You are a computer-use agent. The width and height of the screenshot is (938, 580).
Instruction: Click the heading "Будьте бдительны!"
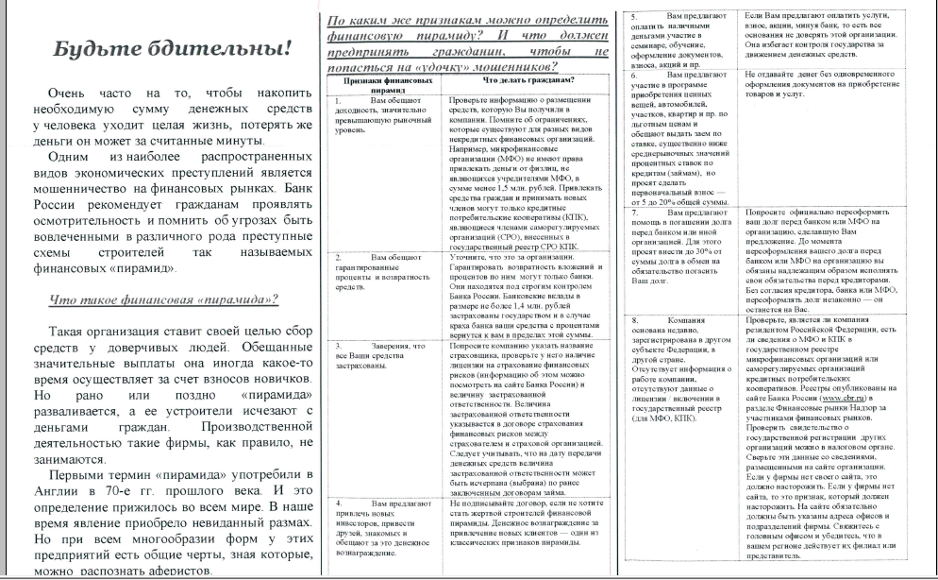[173, 51]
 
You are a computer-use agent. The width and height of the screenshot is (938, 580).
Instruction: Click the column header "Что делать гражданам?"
[516, 81]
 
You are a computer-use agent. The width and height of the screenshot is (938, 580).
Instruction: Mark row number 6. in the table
[635, 74]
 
